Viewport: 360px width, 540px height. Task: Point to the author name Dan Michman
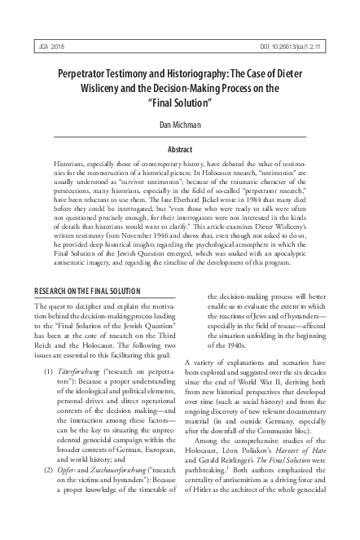point(180,126)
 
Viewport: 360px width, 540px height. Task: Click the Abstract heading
point(179,151)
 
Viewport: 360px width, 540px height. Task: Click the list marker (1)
point(49,348)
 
